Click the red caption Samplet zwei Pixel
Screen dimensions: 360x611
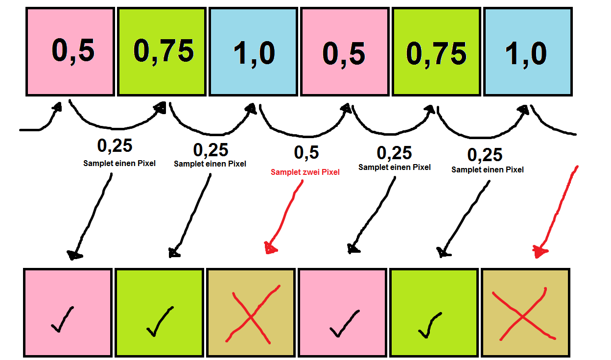coord(305,172)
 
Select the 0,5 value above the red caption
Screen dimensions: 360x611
coord(306,153)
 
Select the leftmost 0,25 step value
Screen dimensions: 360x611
coord(115,145)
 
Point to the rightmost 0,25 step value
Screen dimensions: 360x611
coord(485,155)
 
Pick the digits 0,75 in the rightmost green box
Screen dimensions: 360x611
coord(436,52)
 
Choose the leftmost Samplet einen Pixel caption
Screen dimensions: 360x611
coord(119,164)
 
